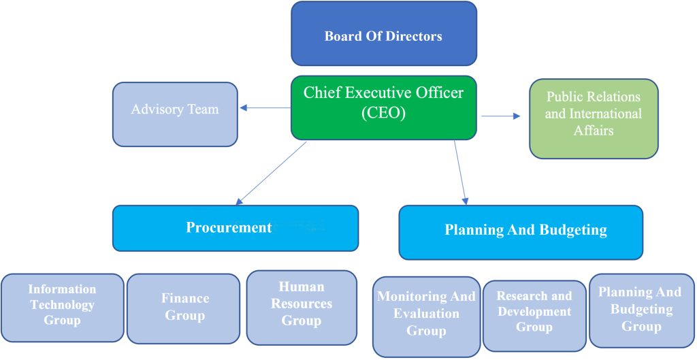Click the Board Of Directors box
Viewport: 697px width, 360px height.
(383, 37)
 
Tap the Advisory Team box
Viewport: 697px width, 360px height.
(175, 114)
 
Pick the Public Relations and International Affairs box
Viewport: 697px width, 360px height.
(594, 118)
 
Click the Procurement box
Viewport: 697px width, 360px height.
(235, 228)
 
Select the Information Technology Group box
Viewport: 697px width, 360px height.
(62, 307)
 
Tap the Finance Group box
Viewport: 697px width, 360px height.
(184, 308)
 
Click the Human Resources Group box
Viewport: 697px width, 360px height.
(302, 307)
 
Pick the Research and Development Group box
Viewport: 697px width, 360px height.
(534, 315)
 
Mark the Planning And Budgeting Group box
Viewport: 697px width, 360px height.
(640, 310)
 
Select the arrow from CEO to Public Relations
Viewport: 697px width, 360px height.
(501, 116)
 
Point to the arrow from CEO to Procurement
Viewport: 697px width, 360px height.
(271, 173)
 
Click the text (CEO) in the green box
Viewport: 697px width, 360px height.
(383, 113)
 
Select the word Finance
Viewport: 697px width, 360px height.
(185, 299)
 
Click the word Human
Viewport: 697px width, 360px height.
(302, 287)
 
